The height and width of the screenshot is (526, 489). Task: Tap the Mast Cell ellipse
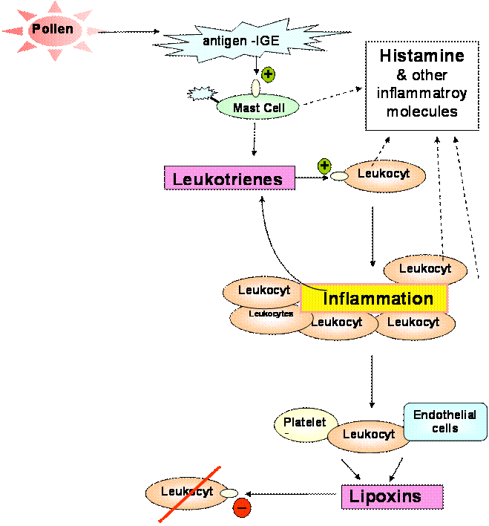pos(257,107)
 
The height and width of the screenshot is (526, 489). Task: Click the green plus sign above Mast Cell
pos(268,74)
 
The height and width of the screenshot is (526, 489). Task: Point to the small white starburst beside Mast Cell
pos(200,94)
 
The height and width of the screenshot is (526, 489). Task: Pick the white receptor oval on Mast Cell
pos(255,88)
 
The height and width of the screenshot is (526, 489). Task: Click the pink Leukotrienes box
pos(229,178)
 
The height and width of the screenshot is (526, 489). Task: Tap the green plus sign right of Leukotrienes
pos(324,166)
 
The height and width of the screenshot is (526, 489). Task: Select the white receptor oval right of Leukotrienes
pos(339,177)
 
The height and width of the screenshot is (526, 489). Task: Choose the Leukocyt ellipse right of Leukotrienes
pos(384,176)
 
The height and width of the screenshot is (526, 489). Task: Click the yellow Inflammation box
pos(374,299)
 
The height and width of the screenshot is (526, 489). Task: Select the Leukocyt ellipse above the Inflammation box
pos(425,270)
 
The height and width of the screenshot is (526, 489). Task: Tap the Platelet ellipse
pos(305,425)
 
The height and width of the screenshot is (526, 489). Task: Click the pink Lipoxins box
pos(392,496)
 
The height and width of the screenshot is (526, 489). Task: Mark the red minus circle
pos(242,508)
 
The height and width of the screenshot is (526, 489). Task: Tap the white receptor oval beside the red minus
pos(229,493)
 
